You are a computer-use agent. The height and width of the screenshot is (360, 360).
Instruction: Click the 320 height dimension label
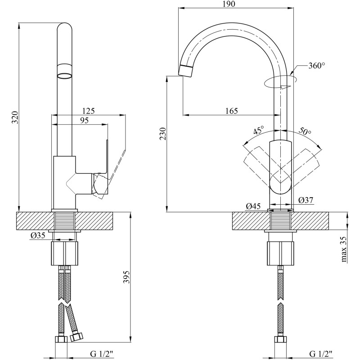tap(15, 117)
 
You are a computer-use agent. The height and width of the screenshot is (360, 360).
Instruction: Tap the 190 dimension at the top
tap(229, 4)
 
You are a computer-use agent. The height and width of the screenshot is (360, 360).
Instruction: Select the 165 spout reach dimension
tap(231, 111)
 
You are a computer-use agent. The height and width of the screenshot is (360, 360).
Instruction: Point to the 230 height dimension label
tap(162, 133)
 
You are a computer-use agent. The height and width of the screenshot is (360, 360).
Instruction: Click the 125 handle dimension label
tap(88, 111)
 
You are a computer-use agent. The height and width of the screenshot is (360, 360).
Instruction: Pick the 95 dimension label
tap(84, 120)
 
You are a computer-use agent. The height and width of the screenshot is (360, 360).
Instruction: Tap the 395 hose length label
tap(126, 277)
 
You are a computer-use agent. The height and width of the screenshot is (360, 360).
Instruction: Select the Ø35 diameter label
tap(38, 235)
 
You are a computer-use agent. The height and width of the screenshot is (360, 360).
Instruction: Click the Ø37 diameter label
tap(306, 200)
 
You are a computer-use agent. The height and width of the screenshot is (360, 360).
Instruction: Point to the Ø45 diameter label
tap(253, 207)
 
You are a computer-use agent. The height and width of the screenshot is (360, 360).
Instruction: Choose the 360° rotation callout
tap(317, 66)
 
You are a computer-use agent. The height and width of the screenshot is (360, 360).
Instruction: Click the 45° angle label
tap(258, 130)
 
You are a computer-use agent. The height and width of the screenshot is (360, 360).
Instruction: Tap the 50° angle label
tap(305, 131)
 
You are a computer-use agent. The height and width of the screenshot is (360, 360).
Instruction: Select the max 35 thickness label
tap(344, 249)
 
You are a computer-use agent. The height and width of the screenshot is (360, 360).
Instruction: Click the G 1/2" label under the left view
tap(102, 354)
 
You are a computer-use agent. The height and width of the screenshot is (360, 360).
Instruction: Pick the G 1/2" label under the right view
tap(320, 354)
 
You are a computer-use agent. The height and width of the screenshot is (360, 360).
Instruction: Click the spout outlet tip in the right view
tap(185, 71)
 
